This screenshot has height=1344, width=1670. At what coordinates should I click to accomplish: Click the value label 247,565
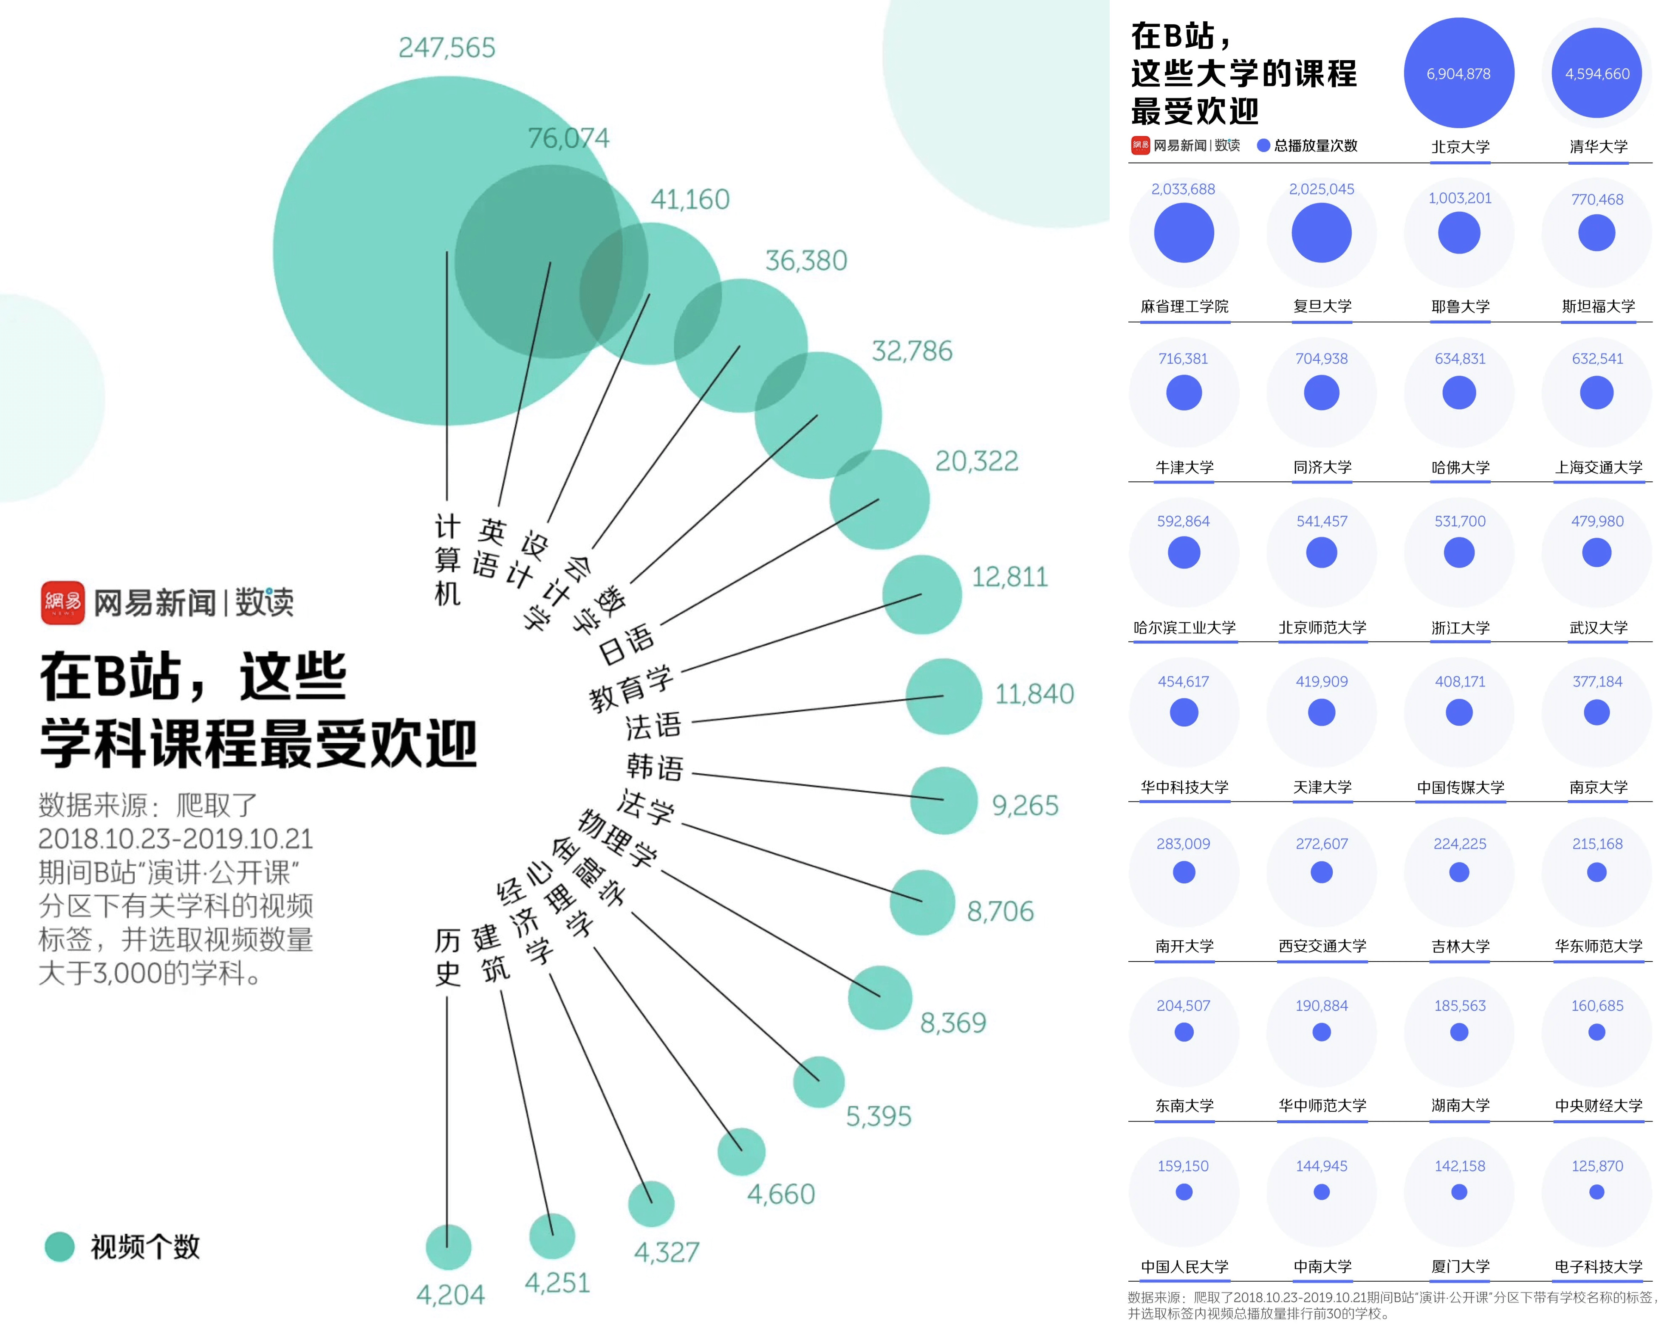tap(447, 48)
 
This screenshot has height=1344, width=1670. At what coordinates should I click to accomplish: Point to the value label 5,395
tap(879, 1116)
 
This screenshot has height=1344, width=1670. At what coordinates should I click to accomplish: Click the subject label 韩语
tap(655, 767)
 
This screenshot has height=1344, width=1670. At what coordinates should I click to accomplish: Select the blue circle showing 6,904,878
tap(1459, 73)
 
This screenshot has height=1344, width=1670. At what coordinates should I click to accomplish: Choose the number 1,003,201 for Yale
tap(1460, 198)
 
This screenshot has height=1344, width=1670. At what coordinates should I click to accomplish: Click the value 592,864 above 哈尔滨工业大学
tap(1184, 521)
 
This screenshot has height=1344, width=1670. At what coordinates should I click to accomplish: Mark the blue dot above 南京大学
tap(1597, 712)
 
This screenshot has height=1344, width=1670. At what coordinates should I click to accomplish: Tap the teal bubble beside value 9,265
tap(944, 801)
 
